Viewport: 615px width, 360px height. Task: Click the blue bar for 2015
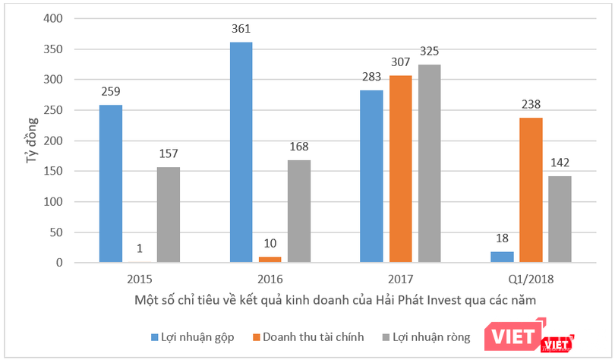tap(111, 184)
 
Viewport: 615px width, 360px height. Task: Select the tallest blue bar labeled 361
tap(241, 153)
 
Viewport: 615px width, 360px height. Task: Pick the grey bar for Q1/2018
tap(560, 219)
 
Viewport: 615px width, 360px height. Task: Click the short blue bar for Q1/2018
tap(502, 257)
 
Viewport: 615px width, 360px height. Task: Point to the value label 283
tap(371, 79)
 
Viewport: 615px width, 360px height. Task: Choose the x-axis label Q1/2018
tap(531, 279)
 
